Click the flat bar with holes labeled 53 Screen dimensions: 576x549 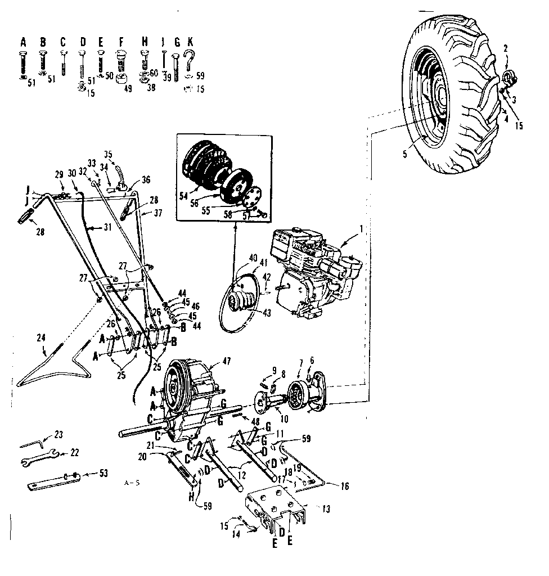pos(54,480)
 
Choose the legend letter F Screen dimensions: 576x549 pos(120,42)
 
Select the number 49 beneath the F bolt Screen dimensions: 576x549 pos(128,88)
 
